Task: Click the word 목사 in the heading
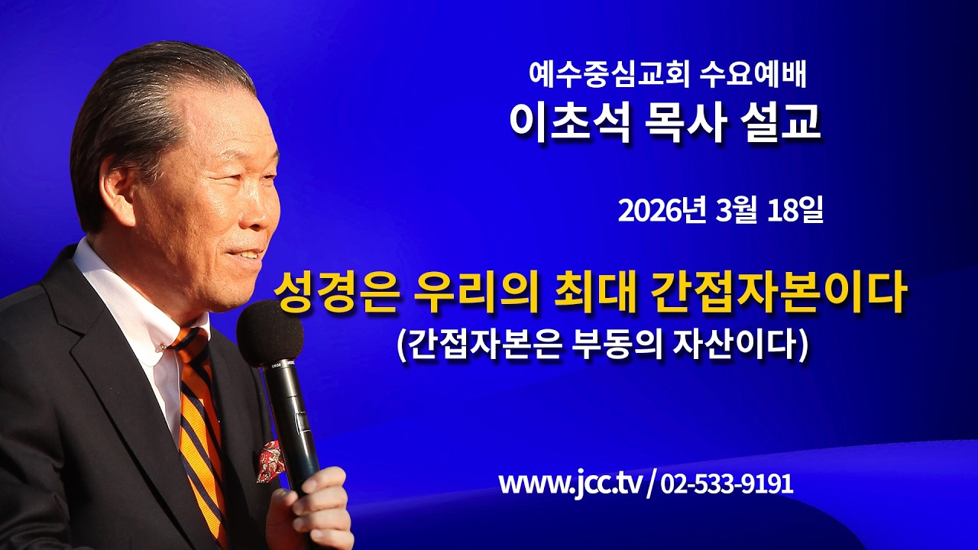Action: [678, 123]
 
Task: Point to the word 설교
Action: [779, 123]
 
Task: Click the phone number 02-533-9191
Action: [726, 484]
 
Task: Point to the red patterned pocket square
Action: [270, 461]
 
